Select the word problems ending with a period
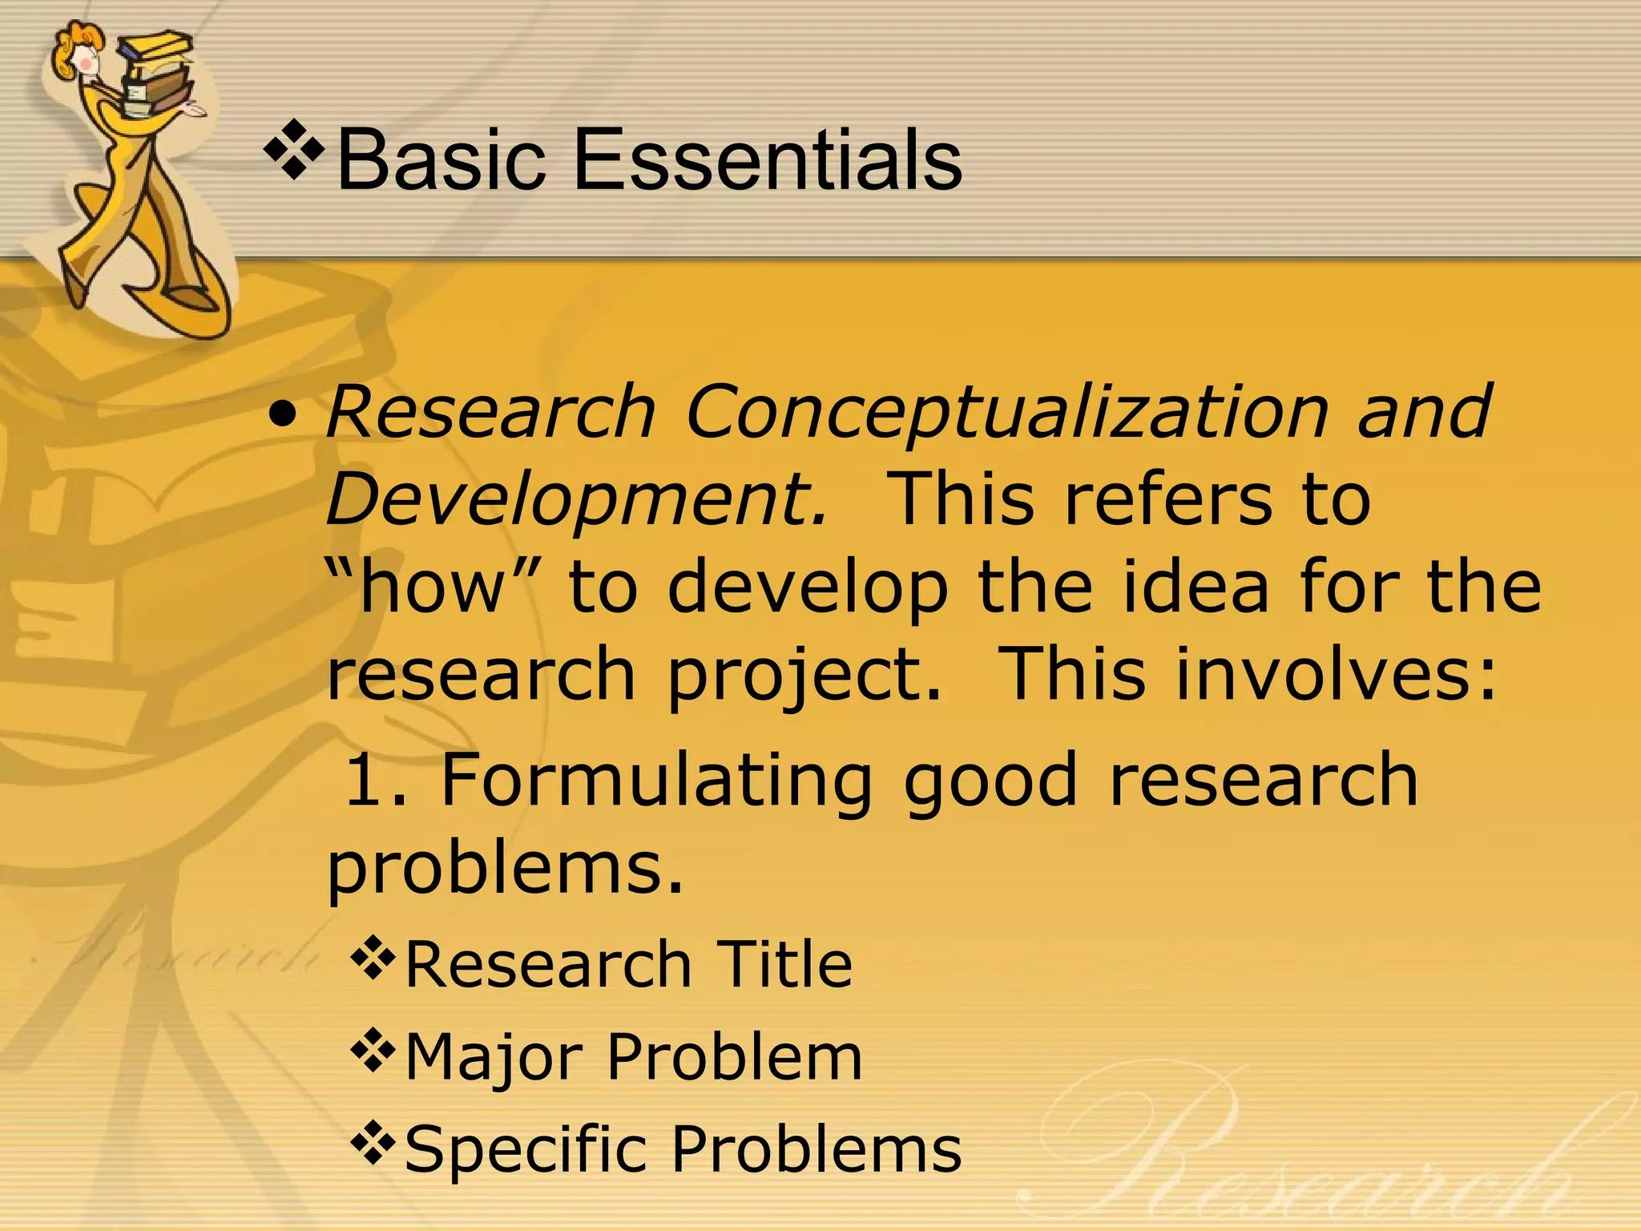(505, 869)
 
